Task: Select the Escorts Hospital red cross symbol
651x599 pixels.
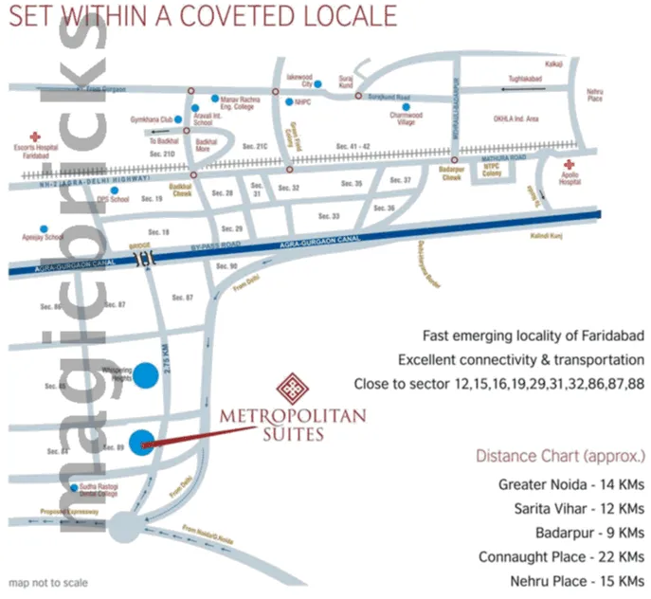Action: [35, 136]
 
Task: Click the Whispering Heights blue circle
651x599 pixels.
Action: [145, 374]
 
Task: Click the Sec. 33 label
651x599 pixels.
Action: [329, 216]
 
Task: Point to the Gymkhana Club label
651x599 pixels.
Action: [151, 119]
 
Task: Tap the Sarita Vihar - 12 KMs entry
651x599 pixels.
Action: [572, 507]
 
